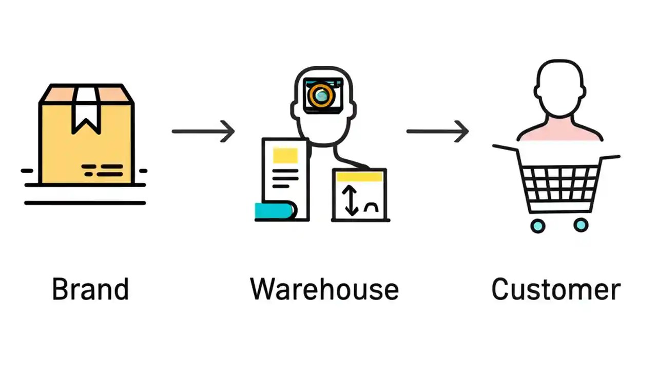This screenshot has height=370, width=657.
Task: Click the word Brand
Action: [90, 289]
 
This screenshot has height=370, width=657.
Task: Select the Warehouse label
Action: [324, 289]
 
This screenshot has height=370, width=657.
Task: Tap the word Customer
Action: [556, 289]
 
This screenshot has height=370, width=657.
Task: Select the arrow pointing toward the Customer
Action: [437, 132]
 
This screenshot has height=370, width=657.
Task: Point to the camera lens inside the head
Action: [322, 95]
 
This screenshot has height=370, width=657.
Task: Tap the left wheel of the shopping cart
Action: [537, 225]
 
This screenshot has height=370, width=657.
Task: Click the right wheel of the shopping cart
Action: [581, 225]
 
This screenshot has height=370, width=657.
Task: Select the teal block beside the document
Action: [273, 211]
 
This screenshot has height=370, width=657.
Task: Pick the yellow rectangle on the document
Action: [285, 155]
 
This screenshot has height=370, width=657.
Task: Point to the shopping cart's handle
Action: [505, 149]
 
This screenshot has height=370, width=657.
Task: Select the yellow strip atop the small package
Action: [359, 176]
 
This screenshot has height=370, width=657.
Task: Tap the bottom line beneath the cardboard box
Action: [85, 203]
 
